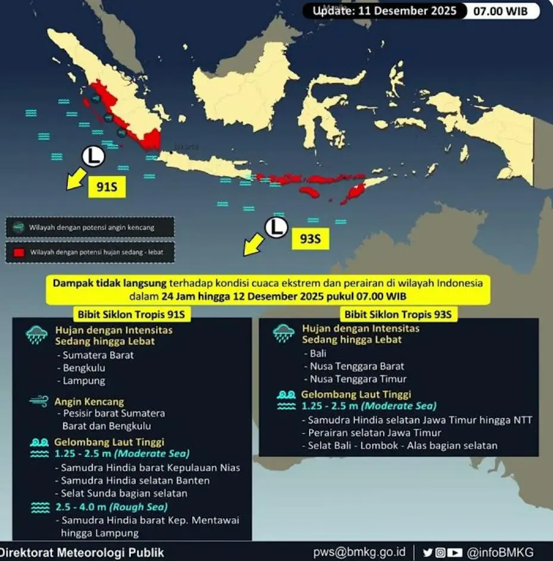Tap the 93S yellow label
click(310, 239)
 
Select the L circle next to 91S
click(93, 156)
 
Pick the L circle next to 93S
click(276, 227)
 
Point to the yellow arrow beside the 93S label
click(254, 245)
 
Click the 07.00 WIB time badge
click(501, 11)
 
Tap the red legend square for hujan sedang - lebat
click(19, 252)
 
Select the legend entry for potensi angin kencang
click(90, 227)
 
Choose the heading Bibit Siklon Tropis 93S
click(398, 314)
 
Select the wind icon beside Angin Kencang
click(38, 402)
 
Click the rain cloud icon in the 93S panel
click(284, 334)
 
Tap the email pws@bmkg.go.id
click(360, 551)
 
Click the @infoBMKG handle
click(500, 551)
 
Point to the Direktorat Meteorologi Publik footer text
click(82, 551)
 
